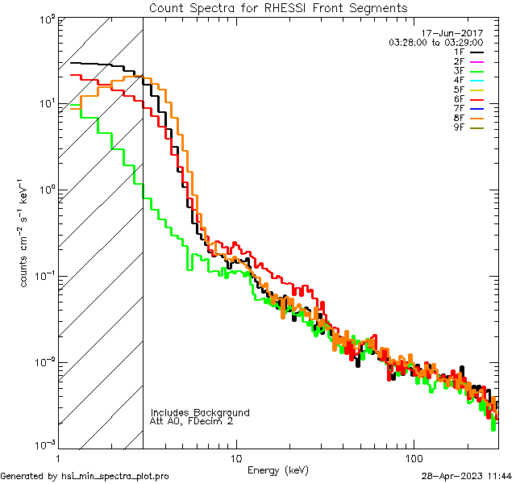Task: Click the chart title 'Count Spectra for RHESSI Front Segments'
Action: click(278, 8)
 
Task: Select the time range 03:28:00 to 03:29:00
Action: click(435, 42)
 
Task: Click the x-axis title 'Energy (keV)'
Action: click(277, 470)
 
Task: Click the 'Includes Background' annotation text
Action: click(200, 412)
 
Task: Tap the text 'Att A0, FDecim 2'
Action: click(191, 421)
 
